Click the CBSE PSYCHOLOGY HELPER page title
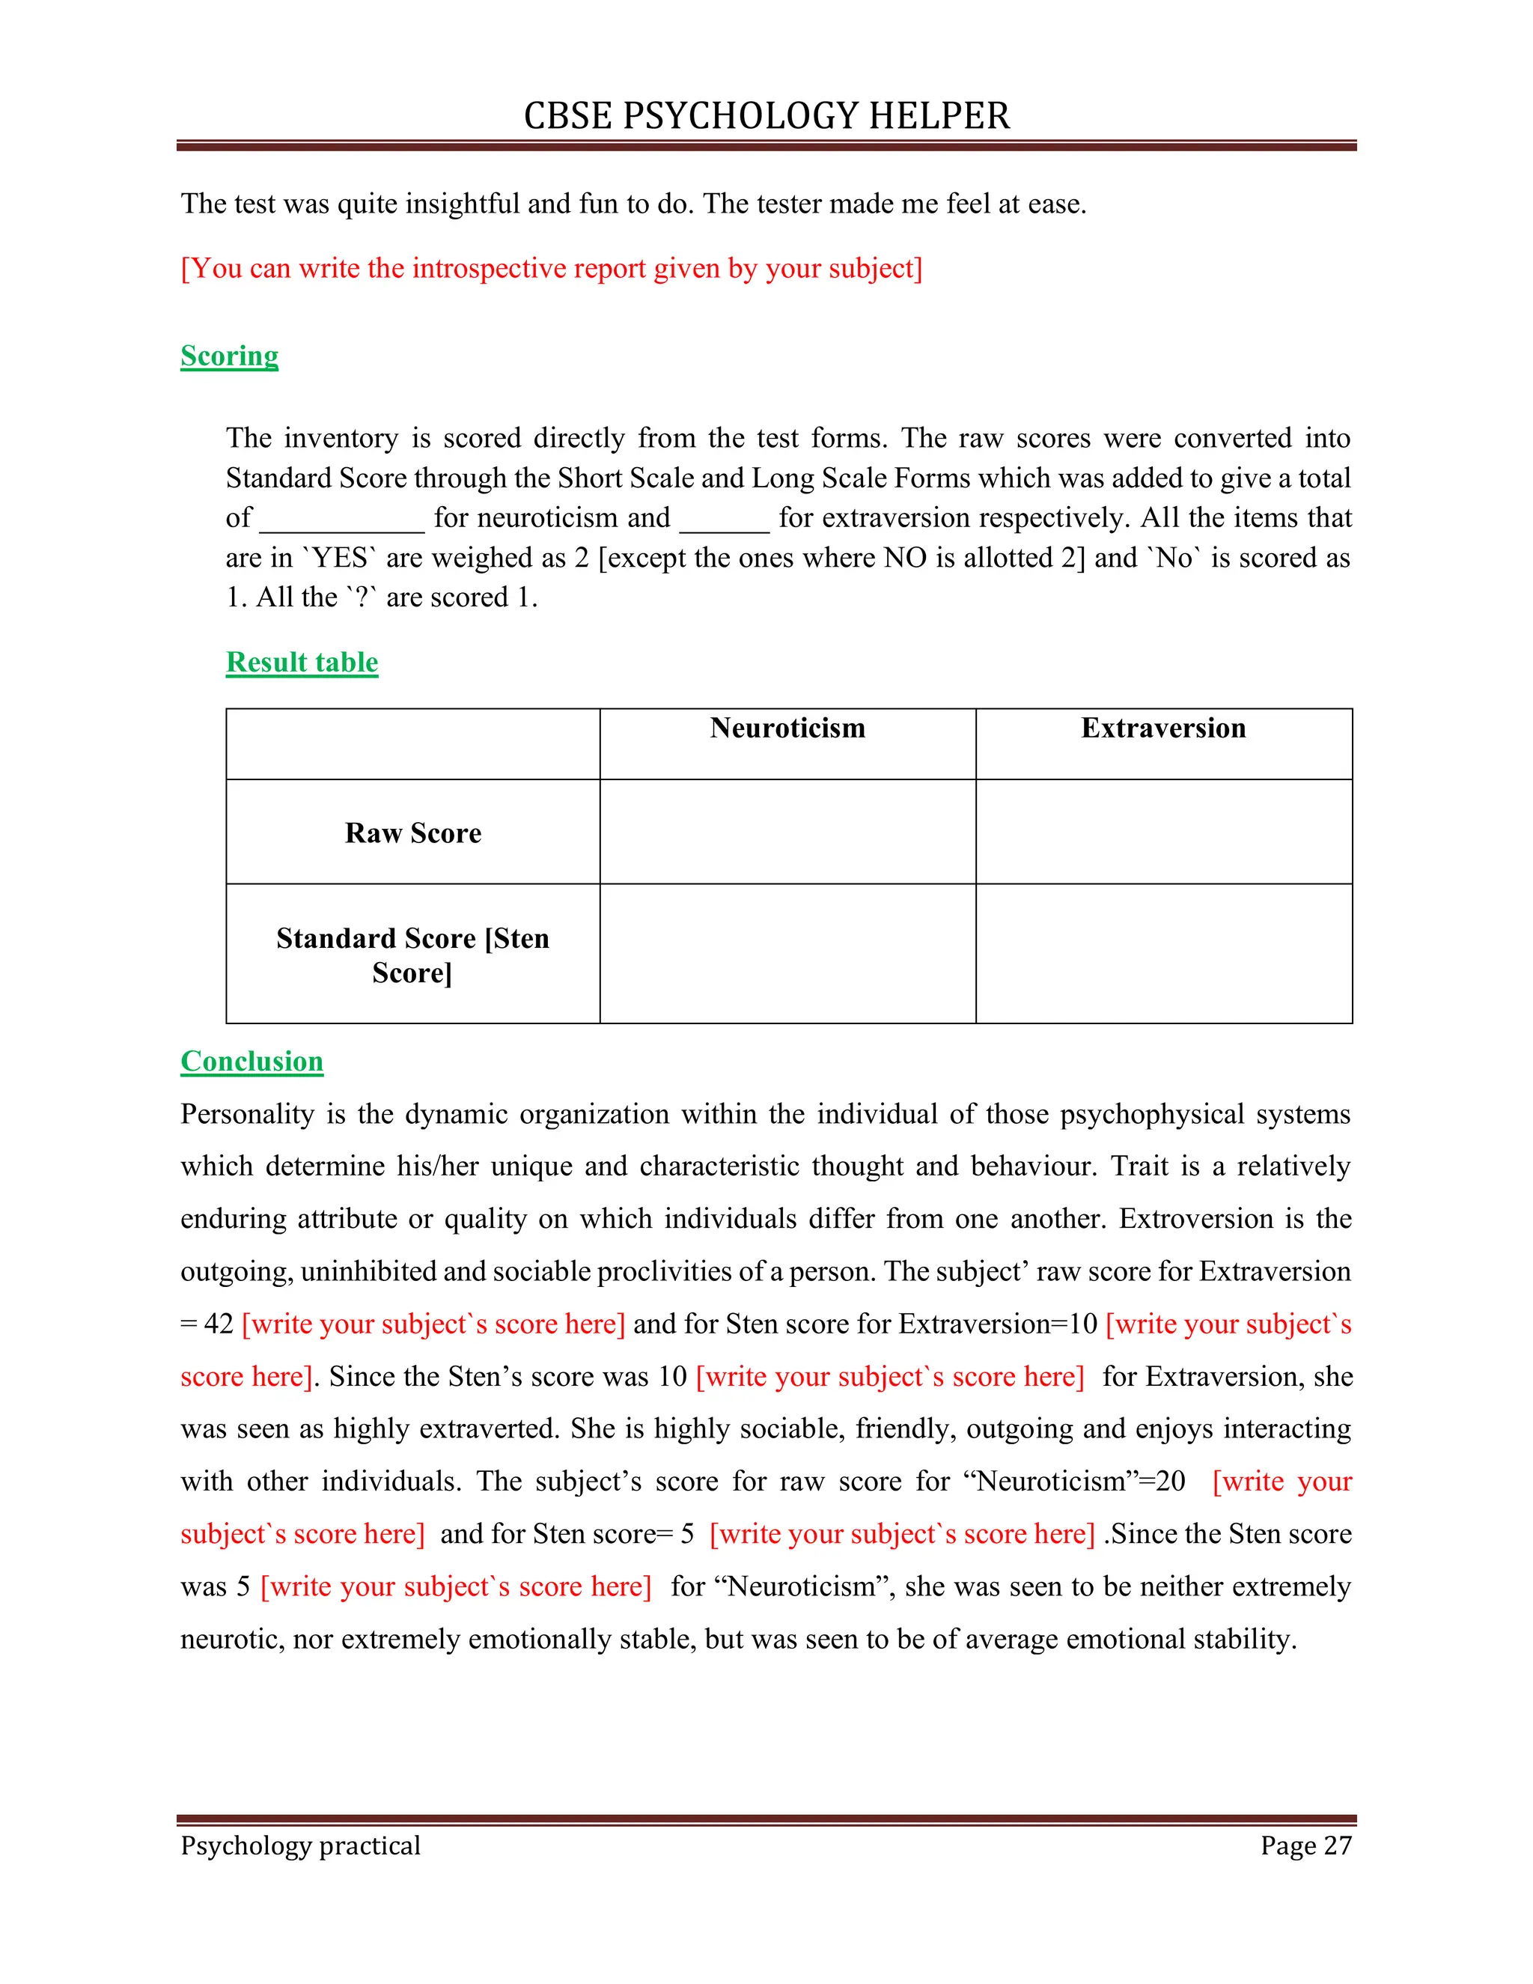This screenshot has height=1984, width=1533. coord(766,116)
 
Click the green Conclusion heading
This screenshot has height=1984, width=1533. coord(252,1060)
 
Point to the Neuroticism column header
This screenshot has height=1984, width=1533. coord(787,728)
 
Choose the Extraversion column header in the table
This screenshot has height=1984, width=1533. coord(1162,728)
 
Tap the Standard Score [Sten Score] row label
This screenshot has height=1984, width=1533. coord(412,954)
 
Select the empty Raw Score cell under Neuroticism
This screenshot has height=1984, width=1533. coord(787,831)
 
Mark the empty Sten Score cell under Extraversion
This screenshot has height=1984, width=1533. coord(1163,953)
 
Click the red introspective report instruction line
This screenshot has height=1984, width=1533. coord(551,268)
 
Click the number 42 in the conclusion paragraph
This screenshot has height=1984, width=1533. coord(219,1324)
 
